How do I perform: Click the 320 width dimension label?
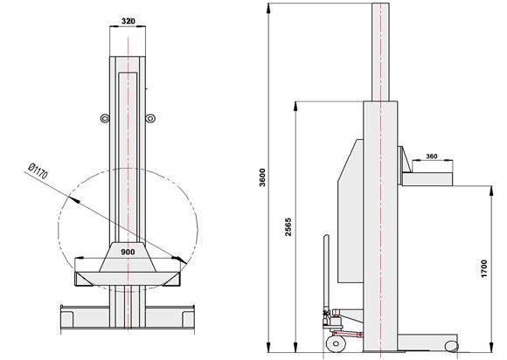pyautogui.click(x=128, y=21)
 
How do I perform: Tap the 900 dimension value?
pyautogui.click(x=128, y=252)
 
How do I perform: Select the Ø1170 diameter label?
pyautogui.click(x=38, y=171)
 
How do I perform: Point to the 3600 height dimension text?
pyautogui.click(x=262, y=177)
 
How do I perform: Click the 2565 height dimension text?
pyautogui.click(x=288, y=227)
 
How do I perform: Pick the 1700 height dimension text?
pyautogui.click(x=483, y=268)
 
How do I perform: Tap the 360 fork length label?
pyautogui.click(x=432, y=156)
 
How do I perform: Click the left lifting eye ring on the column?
pyautogui.click(x=105, y=119)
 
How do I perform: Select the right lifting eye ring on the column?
pyautogui.click(x=150, y=119)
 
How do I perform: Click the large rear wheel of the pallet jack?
pyautogui.click(x=336, y=344)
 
